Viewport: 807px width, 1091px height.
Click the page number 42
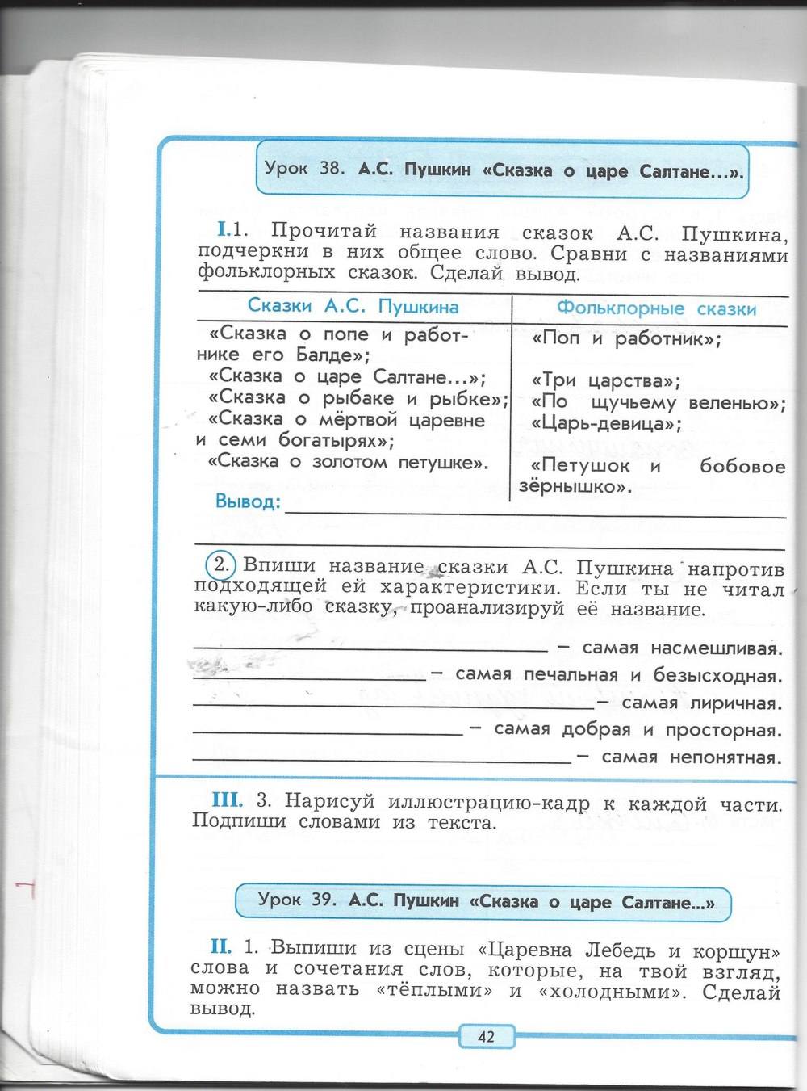coord(486,1036)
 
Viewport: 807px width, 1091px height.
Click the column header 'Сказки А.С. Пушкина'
coord(353,307)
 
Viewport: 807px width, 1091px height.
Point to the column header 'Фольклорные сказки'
coord(656,308)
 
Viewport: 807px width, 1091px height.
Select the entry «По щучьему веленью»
coord(659,402)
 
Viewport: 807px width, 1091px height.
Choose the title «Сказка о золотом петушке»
coord(348,463)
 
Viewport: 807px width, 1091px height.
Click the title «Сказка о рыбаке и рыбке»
coord(358,398)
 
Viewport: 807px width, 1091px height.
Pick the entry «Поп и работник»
coord(627,339)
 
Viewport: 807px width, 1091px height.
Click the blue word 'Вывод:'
coord(248,502)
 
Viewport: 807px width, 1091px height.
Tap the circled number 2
coord(220,563)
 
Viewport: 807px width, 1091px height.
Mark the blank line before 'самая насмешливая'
coord(370,649)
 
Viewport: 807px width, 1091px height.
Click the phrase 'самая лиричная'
coord(702,703)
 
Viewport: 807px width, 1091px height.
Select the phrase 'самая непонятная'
coord(692,757)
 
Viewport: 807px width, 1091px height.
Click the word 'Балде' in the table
coord(327,355)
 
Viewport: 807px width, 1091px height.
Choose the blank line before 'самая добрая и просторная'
coord(328,733)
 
